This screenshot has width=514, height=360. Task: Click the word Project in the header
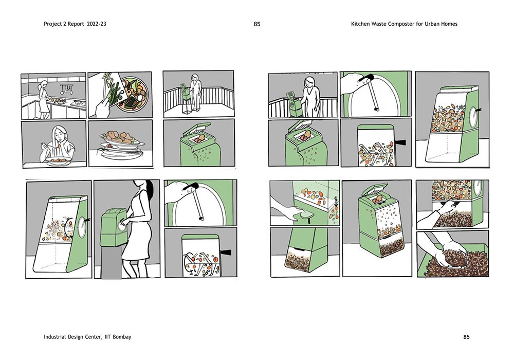pos(52,24)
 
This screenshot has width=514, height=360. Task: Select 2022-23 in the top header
pos(97,24)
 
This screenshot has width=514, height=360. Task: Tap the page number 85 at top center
pos(257,24)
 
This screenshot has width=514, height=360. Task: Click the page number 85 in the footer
pos(467,337)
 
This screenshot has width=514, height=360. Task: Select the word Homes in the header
pos(450,24)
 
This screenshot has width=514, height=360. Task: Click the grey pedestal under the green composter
pos(111,263)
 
